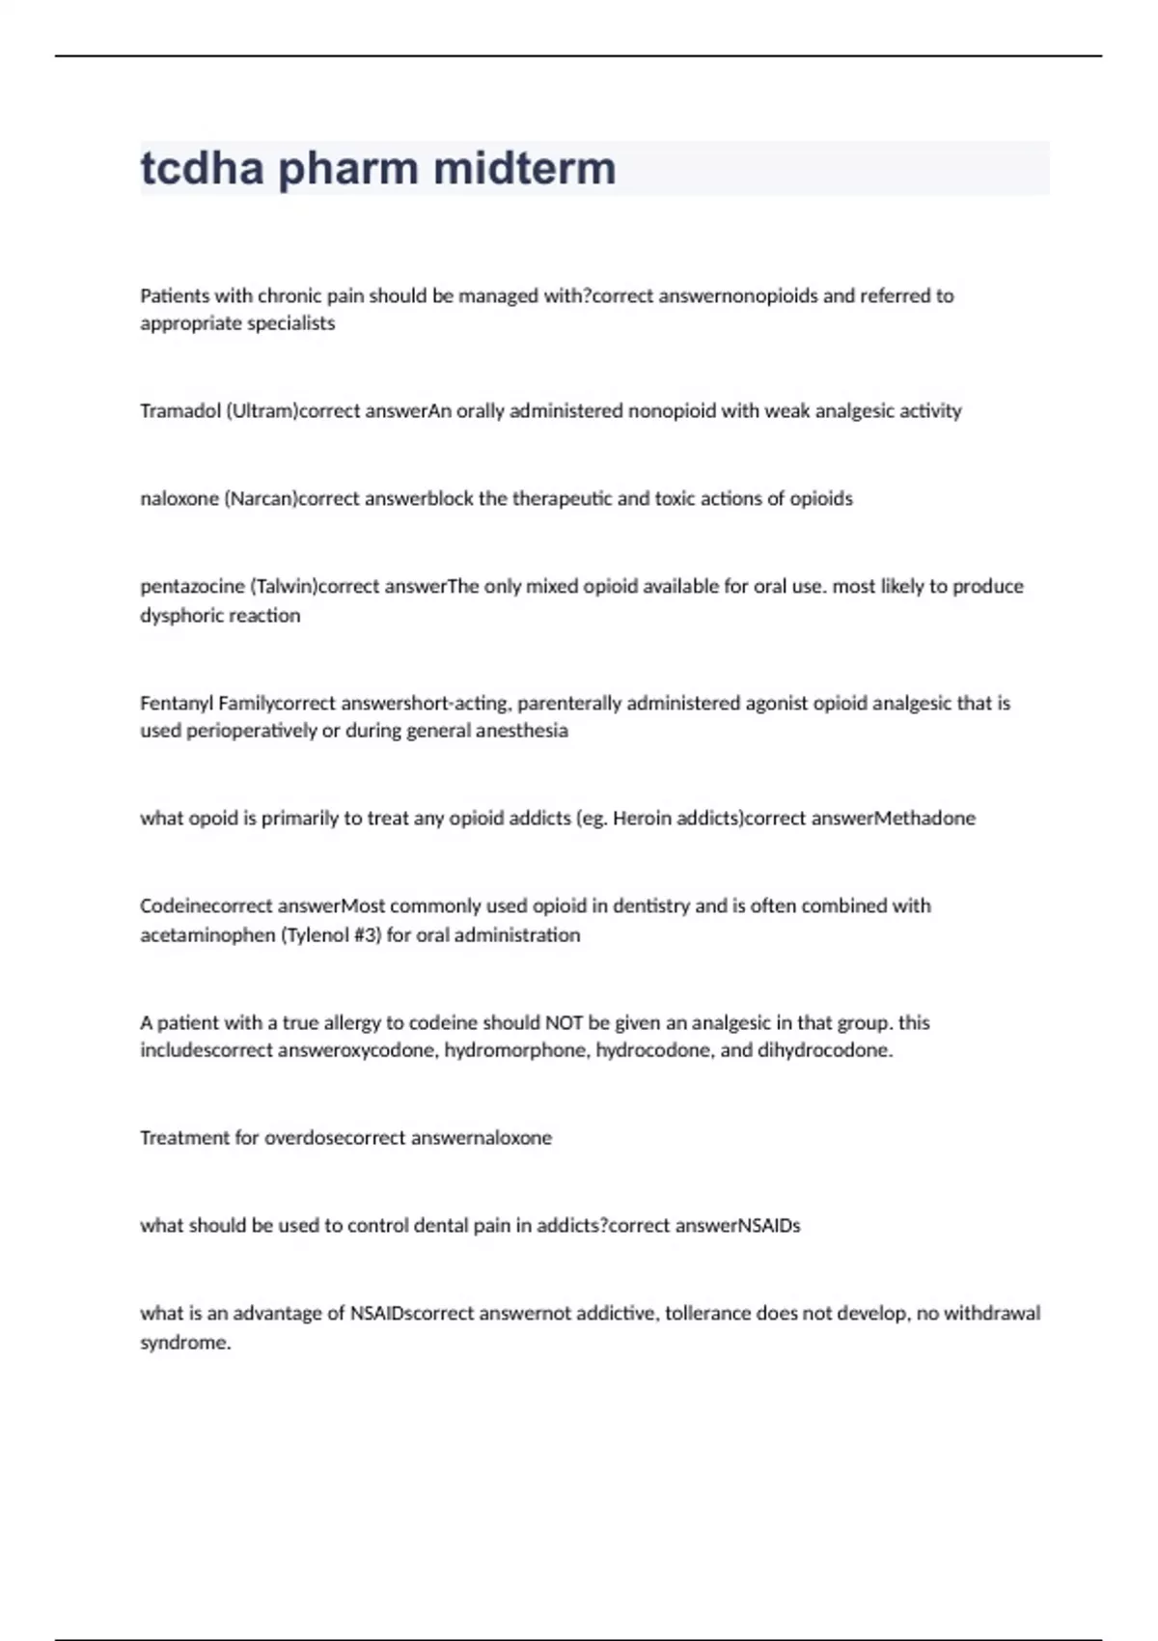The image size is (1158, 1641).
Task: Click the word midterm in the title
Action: [x=524, y=168]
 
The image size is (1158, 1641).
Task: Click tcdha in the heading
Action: [x=202, y=168]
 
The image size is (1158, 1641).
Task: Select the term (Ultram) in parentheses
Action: [x=262, y=411]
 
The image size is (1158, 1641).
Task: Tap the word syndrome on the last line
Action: [x=185, y=1343]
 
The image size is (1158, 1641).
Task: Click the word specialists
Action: [x=290, y=323]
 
